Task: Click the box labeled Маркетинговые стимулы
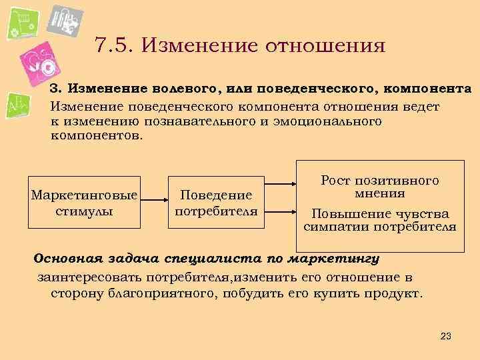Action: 84,203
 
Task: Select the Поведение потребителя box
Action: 215,203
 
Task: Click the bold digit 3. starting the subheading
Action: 56,89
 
